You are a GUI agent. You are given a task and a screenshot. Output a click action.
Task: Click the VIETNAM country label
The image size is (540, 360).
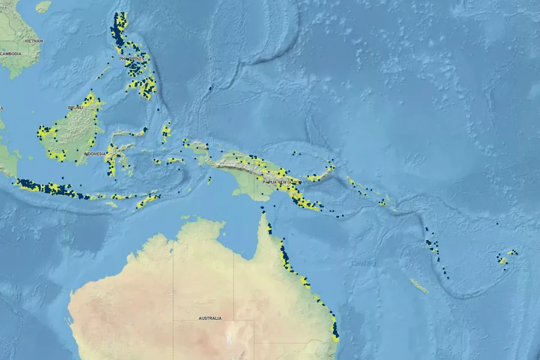[34, 40]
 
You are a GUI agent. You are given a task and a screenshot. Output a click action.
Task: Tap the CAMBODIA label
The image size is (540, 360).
[11, 53]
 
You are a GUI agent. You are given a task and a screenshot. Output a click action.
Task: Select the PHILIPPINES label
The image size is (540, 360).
[133, 59]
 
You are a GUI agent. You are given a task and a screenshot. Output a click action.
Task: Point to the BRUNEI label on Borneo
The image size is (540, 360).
[75, 107]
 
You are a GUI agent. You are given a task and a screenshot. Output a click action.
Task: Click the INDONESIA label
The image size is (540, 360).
[94, 154]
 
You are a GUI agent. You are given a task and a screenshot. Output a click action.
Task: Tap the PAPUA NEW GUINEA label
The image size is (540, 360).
[278, 181]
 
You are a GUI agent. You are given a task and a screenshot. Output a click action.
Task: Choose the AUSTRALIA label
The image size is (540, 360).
[210, 318]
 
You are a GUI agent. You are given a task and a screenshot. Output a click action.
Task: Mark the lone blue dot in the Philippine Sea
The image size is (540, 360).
[210, 88]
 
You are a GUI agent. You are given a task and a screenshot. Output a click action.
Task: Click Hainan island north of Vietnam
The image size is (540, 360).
[43, 6]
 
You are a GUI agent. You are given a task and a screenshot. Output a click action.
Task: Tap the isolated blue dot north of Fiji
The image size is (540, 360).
[497, 224]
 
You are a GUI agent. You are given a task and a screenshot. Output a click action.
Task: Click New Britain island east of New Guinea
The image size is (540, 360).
[321, 175]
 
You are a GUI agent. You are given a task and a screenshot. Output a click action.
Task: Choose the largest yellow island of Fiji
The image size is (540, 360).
[502, 260]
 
